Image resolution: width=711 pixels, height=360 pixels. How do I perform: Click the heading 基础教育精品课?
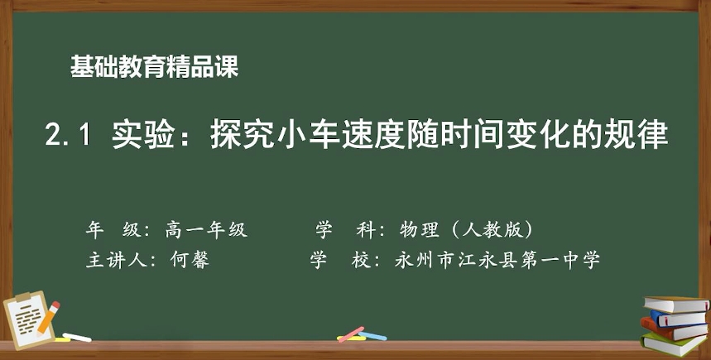154,67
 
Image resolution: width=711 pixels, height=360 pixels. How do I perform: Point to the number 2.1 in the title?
68,135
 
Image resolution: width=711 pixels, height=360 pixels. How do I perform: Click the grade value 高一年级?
206,230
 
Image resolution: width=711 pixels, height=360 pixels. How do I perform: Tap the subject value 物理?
419,230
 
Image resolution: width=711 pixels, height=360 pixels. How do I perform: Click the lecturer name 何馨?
190,260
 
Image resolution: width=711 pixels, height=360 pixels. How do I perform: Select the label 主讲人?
116,260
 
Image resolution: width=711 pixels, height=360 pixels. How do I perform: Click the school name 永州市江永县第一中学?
497,260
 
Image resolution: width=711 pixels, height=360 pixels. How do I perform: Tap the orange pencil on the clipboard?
49,317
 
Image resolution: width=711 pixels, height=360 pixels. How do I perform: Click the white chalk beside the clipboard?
77,338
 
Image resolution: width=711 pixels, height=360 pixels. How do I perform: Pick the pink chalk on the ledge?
352,334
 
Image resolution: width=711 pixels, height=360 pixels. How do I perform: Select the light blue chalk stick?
372,336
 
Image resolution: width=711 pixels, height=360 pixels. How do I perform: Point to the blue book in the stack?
679,319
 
